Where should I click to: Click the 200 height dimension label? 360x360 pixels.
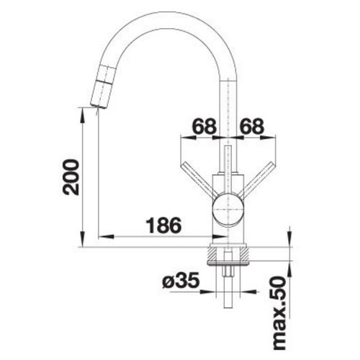[x=71, y=177]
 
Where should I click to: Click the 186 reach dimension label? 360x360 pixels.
[x=164, y=225]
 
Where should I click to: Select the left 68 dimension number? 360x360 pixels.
[x=204, y=126]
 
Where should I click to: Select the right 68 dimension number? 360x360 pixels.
[x=252, y=126]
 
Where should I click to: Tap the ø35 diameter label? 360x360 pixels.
[x=181, y=280]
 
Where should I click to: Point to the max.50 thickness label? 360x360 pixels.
[x=280, y=313]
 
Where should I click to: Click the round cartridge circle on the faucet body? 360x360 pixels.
[x=228, y=210]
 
